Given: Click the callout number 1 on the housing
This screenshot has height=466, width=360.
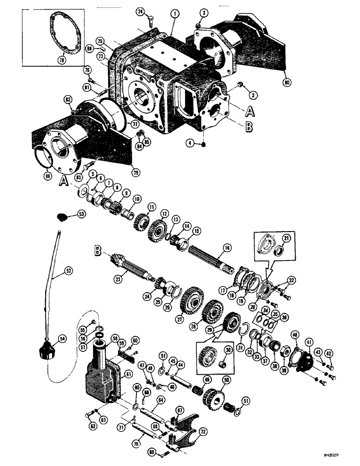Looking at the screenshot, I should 174,14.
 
